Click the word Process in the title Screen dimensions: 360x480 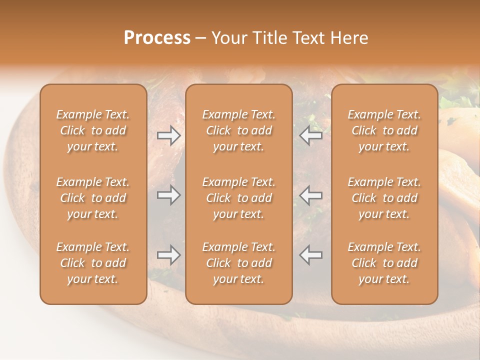(x=157, y=38)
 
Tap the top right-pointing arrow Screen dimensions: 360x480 (x=168, y=135)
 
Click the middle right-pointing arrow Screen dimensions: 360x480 (x=168, y=195)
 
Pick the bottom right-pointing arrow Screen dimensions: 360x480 (x=168, y=255)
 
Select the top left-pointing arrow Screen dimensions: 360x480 (x=311, y=135)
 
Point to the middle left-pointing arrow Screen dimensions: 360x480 (x=311, y=195)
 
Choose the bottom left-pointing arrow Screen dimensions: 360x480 (x=311, y=255)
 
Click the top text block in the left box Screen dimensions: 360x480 (x=93, y=130)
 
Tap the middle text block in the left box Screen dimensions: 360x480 (x=93, y=198)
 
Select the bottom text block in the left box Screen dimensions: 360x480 (x=93, y=263)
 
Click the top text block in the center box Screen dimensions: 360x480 (x=239, y=130)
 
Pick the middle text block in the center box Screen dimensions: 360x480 (x=239, y=198)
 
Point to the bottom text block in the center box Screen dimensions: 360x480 (x=239, y=263)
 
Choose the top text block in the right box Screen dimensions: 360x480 (x=384, y=130)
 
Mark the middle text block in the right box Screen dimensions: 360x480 (x=384, y=198)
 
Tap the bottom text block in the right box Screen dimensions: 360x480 (x=384, y=263)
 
